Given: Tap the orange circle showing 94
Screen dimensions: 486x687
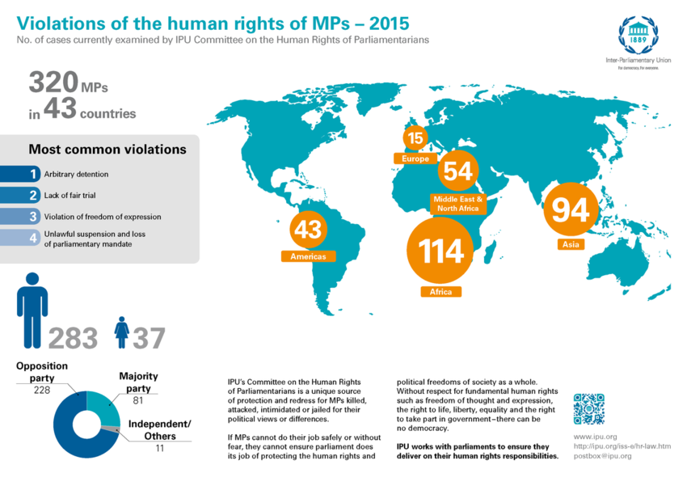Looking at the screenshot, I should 570,209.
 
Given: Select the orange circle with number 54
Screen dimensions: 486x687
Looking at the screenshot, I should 457,171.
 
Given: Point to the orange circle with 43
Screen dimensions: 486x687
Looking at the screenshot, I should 308,230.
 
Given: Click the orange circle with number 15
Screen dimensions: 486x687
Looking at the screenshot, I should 415,138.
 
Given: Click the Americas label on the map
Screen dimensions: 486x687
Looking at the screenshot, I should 308,256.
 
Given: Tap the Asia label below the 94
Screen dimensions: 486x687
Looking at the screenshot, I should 570,244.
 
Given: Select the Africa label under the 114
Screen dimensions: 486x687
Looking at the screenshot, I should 441,291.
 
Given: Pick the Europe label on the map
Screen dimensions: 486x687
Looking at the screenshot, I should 415,158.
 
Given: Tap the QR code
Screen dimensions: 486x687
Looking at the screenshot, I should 588,409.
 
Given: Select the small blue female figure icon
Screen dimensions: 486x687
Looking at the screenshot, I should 122,332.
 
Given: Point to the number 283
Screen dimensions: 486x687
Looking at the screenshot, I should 74,338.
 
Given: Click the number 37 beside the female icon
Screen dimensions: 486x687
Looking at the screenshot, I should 150,338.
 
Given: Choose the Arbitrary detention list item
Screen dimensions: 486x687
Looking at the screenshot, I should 76,174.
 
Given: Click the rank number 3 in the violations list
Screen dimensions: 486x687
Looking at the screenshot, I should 33,217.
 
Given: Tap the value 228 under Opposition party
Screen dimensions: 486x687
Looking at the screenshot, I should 42,390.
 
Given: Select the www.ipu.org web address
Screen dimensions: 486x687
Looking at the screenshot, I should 595,437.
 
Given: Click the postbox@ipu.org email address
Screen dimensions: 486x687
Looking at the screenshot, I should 602,456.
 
